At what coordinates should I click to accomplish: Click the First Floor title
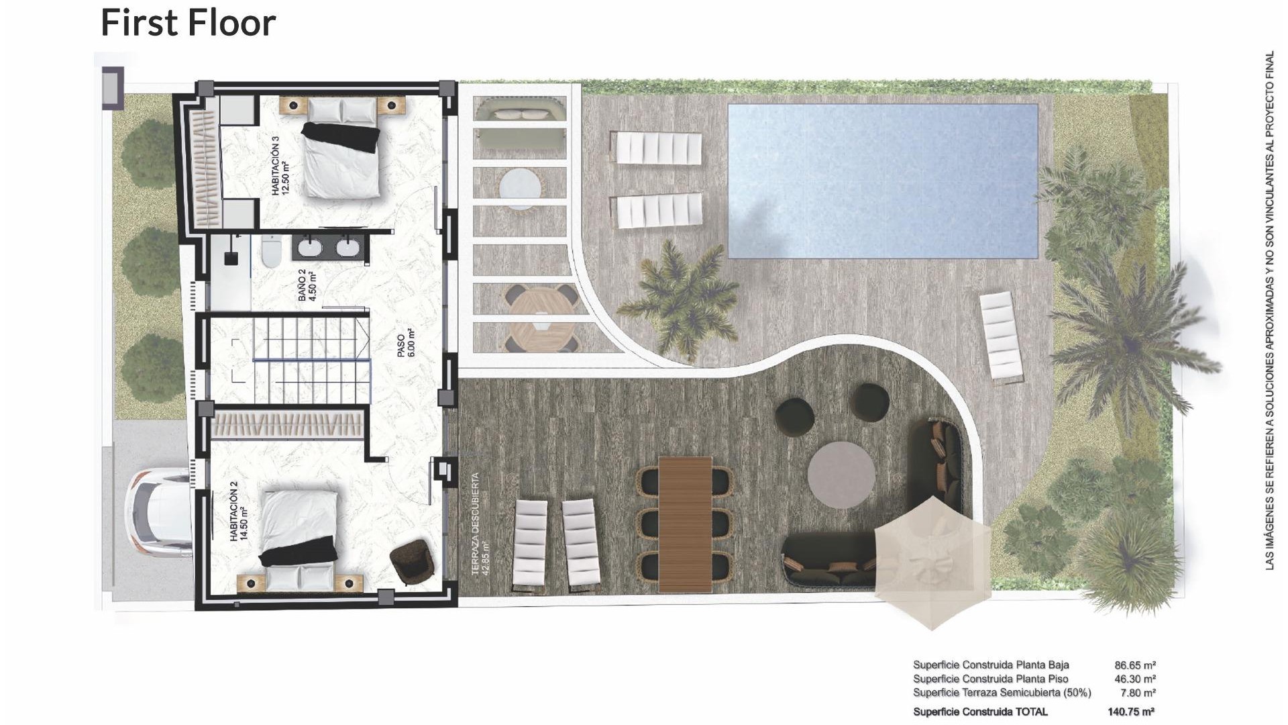coord(188,22)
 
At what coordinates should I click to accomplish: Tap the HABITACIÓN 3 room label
coord(280,166)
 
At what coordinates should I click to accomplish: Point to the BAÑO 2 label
coord(307,285)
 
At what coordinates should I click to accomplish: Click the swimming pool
coord(882,181)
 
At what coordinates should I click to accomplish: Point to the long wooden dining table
coord(685,524)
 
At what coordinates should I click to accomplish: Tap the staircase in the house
coord(311,360)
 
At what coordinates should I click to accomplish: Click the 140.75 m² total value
coord(1130,712)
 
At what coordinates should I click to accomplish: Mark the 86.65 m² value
coord(1135,665)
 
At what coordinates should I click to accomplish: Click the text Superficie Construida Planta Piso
coord(990,679)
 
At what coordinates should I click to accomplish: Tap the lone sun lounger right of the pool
coord(1001,338)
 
